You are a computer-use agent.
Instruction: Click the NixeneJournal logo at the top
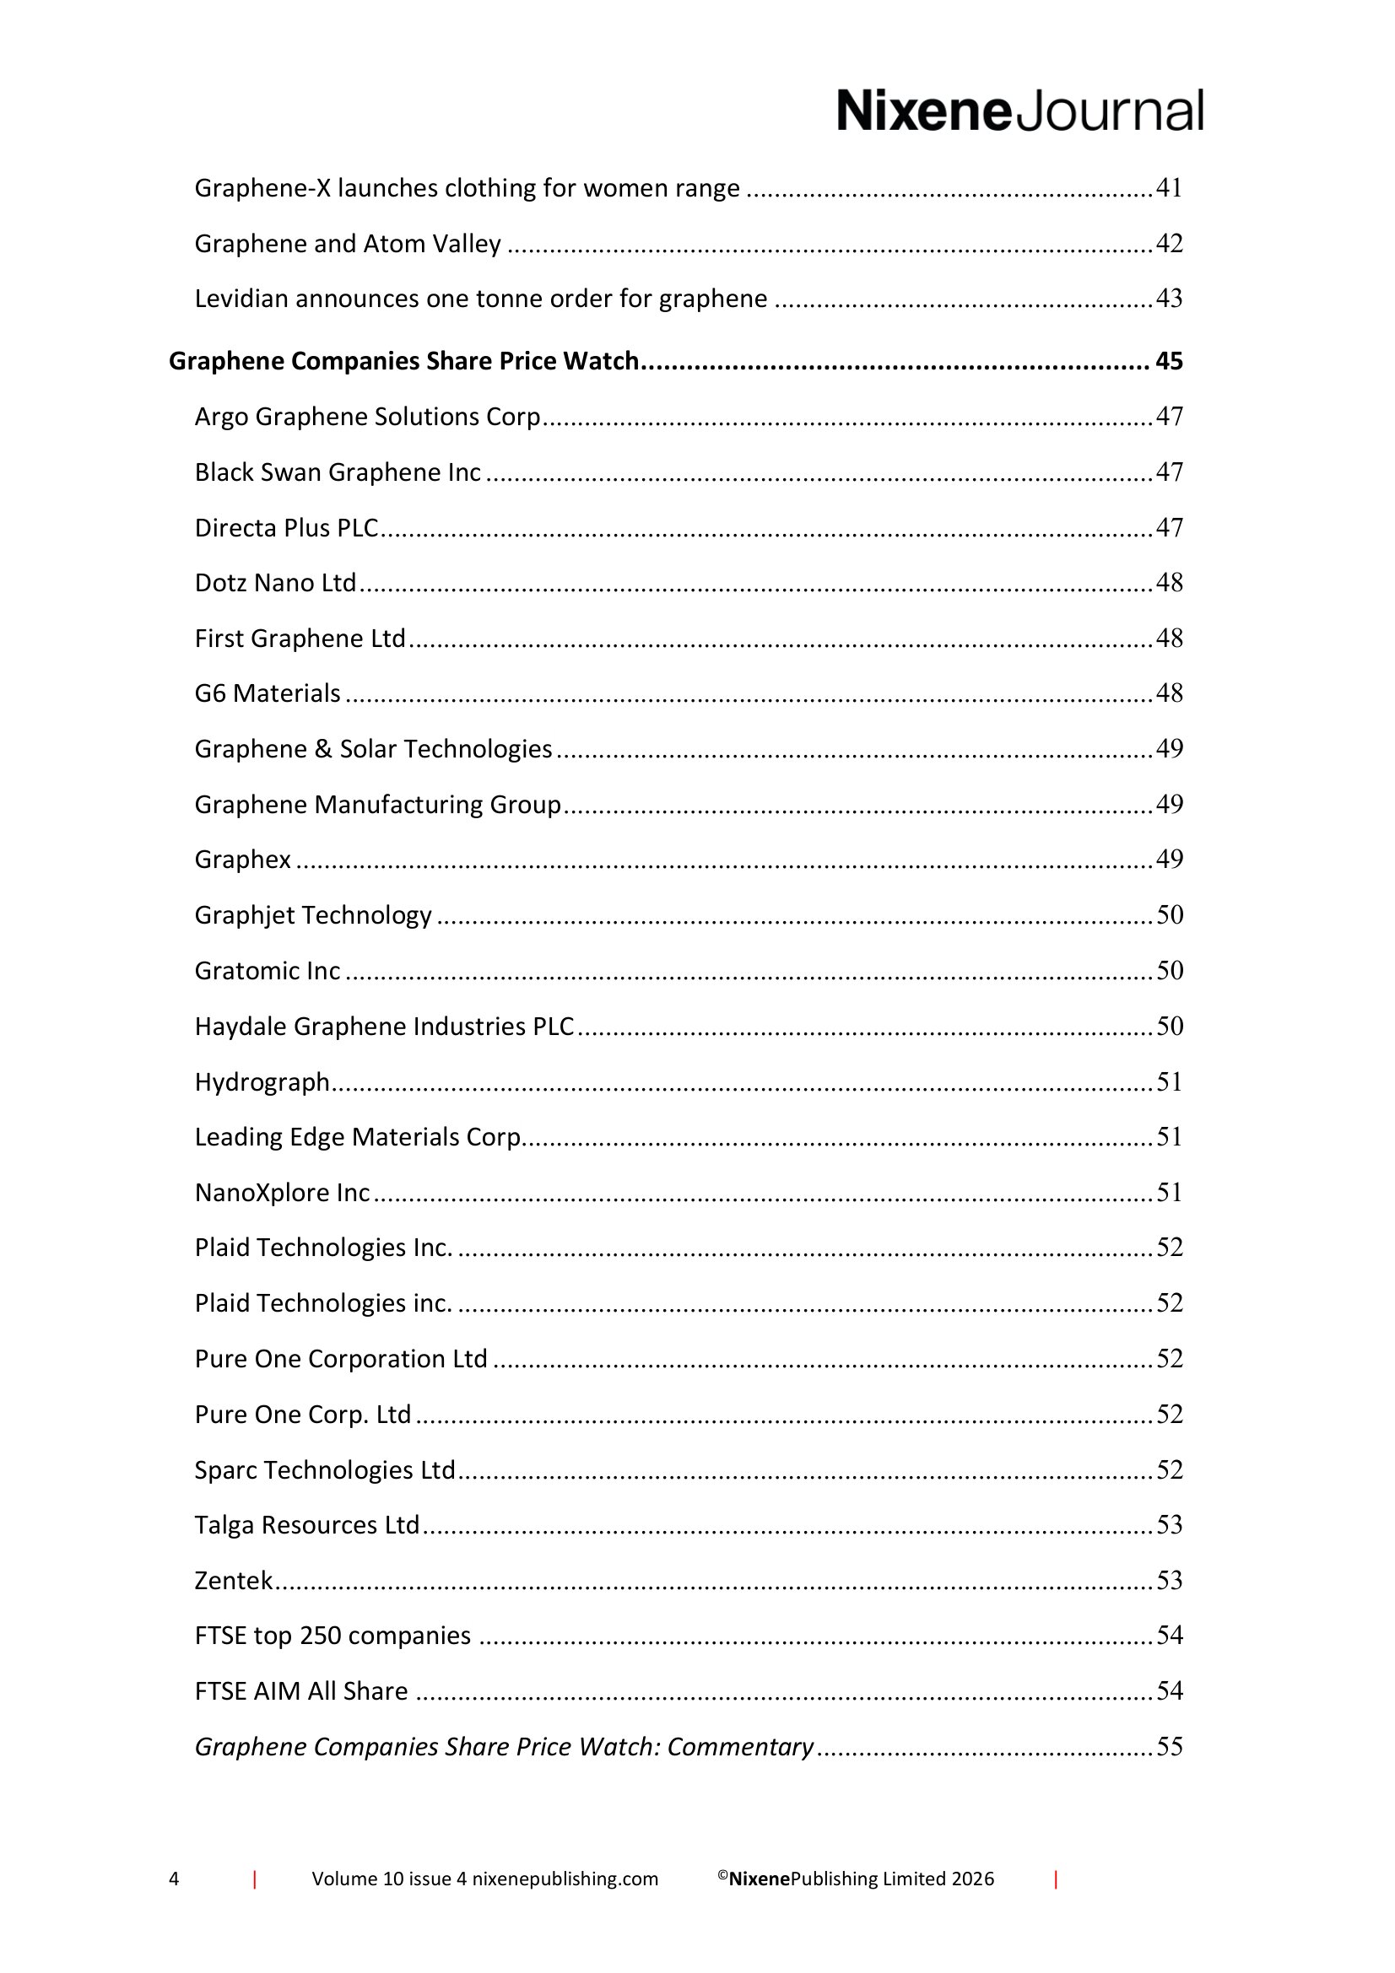[1019, 111]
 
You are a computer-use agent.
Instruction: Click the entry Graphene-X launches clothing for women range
[467, 188]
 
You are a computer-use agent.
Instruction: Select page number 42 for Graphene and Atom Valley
[1169, 244]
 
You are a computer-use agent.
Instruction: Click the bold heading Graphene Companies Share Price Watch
[403, 361]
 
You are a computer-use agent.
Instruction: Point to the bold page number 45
[1169, 361]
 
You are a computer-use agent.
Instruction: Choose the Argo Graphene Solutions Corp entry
[367, 417]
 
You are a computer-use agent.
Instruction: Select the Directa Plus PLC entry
[286, 527]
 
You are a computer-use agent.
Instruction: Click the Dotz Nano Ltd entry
[275, 584]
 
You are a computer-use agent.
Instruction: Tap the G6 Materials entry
[268, 693]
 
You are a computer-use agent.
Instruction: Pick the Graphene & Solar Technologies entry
[373, 749]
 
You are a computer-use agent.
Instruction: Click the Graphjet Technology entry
[313, 915]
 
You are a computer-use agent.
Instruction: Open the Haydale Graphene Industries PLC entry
[384, 1027]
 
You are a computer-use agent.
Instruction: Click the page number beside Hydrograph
[1169, 1082]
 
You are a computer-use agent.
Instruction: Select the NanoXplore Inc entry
[282, 1193]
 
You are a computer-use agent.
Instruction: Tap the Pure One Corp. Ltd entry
[303, 1415]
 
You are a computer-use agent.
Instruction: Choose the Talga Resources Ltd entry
[307, 1525]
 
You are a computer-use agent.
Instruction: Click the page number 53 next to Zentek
[1169, 1580]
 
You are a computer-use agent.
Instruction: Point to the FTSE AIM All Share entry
[300, 1691]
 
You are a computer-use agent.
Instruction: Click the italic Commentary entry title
[504, 1747]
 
